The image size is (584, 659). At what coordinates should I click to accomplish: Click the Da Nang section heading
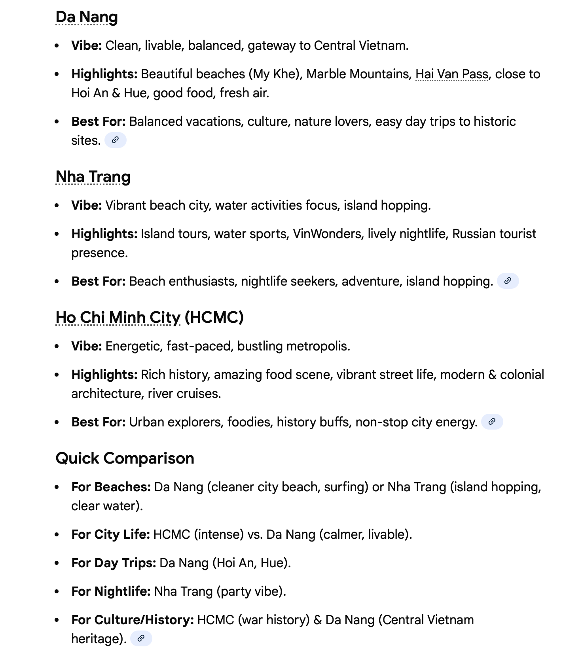click(87, 17)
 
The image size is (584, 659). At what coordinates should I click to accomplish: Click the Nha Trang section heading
click(93, 177)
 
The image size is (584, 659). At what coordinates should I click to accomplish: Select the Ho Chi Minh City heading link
click(118, 318)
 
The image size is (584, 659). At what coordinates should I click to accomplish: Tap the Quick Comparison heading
click(125, 458)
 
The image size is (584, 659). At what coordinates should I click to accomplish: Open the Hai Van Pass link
click(452, 74)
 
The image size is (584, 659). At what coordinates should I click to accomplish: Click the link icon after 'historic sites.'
click(115, 140)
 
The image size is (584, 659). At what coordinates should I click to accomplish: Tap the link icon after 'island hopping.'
click(508, 281)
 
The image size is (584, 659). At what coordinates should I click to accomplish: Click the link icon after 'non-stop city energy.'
click(492, 422)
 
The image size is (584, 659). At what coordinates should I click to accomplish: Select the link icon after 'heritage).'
click(141, 638)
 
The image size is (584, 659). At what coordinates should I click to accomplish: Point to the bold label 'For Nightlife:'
click(111, 591)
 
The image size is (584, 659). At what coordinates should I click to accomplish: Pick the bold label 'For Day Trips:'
click(114, 563)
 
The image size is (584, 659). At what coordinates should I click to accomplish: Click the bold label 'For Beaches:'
click(111, 487)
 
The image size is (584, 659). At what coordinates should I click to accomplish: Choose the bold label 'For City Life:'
click(110, 534)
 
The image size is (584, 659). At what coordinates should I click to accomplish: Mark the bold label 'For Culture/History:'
click(133, 620)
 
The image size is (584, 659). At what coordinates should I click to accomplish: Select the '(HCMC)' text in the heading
click(214, 318)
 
